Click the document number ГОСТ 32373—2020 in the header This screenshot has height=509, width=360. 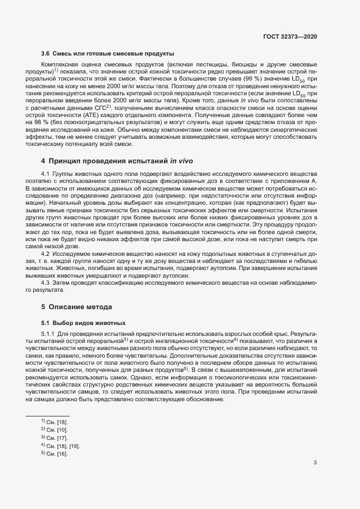coord(290,36)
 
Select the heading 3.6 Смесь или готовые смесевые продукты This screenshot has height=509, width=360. coord(108,53)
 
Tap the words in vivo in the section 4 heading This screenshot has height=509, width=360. coord(182,162)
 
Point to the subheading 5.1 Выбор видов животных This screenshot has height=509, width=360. coord(83,322)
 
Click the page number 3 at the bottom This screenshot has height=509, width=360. coord(315,463)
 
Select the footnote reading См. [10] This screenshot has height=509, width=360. coord(54,430)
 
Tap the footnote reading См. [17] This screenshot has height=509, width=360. coord(54,438)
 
